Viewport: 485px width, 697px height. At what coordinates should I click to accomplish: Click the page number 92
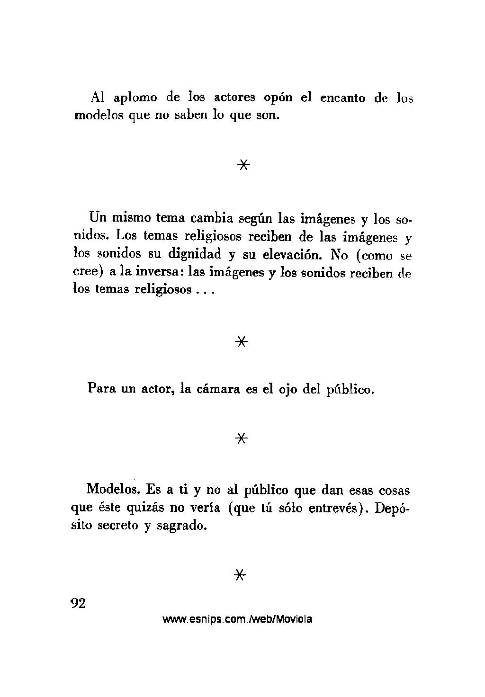(77, 603)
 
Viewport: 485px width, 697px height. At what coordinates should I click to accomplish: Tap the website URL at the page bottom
(237, 619)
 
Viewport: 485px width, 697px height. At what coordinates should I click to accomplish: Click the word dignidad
(195, 254)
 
